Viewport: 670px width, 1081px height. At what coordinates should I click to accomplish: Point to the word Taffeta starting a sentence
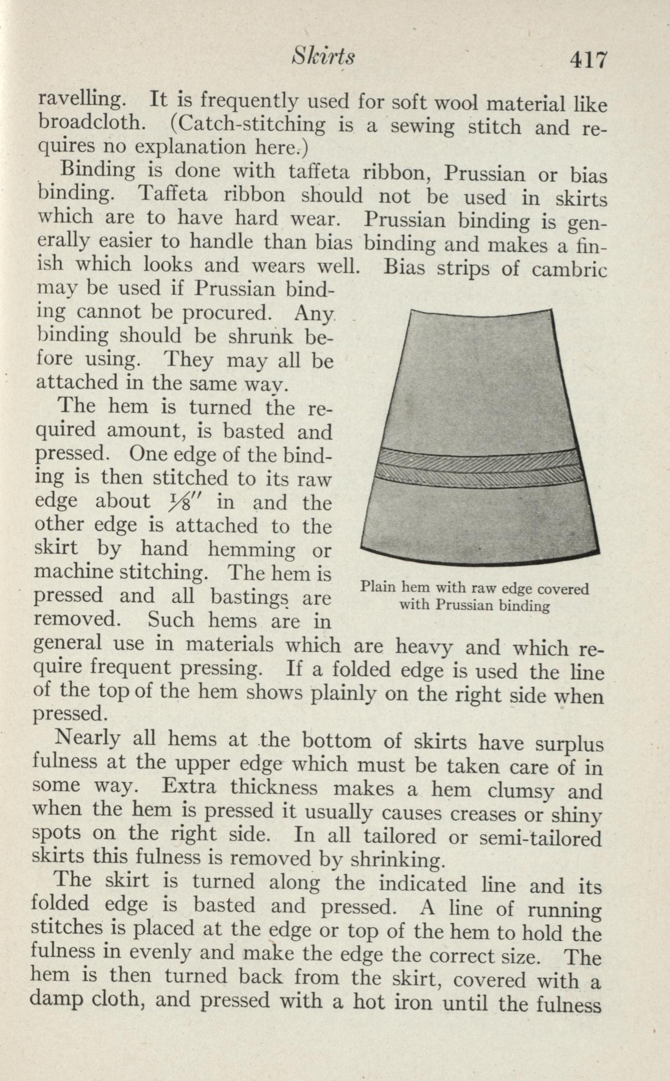pos(174,195)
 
